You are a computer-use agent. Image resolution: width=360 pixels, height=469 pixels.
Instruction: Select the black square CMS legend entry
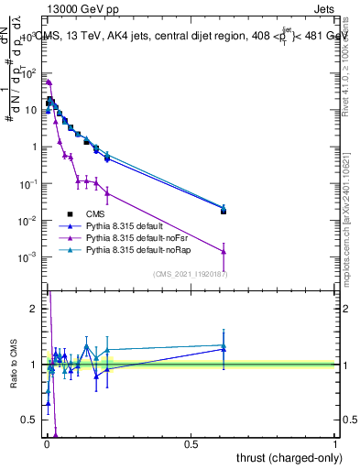click(82, 213)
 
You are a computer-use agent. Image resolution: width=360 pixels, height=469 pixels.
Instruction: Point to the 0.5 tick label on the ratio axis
click(28, 420)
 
